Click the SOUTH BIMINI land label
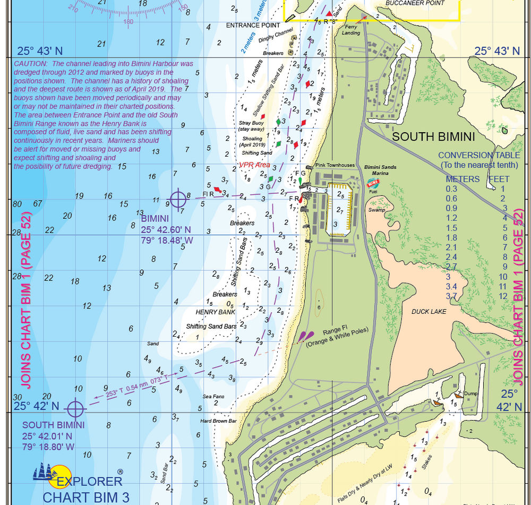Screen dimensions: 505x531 click(x=433, y=137)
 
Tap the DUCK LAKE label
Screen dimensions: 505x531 click(x=429, y=312)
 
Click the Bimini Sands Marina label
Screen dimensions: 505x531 click(x=380, y=169)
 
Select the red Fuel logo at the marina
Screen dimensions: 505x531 click(x=373, y=184)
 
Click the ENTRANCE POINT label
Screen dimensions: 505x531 click(x=253, y=25)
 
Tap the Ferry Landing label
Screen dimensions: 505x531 click(x=351, y=30)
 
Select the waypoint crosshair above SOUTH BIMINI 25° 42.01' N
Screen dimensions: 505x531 click(x=76, y=408)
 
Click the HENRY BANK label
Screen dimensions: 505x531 click(x=215, y=312)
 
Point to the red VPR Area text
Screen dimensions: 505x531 click(x=254, y=165)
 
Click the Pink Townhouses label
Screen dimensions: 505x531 click(x=335, y=165)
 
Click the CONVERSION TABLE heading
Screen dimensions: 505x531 click(x=479, y=156)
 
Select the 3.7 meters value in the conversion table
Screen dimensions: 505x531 click(x=451, y=296)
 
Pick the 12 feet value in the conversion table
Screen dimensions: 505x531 click(x=503, y=296)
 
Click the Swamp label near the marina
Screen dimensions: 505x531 click(x=376, y=210)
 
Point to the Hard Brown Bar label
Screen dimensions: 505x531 click(x=218, y=421)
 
